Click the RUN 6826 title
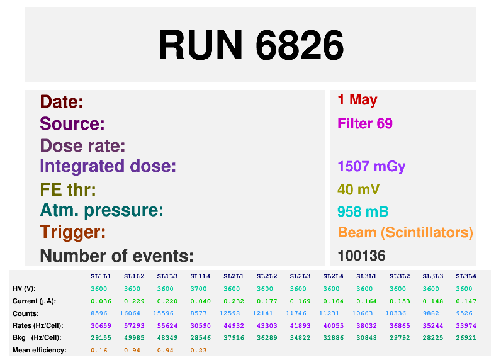251,45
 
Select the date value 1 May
357,100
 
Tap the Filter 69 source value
365,123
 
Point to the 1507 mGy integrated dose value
371,166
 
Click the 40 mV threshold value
359,189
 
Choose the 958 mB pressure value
363,211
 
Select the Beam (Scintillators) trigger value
405,232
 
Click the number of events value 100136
361,256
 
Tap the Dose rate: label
82,146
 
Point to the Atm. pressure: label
101,210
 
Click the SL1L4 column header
200,276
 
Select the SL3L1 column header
366,276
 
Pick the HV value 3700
198,289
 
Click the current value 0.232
234,301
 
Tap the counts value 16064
130,313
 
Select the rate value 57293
134,326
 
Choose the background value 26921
466,337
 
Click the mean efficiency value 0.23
198,351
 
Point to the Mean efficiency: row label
39,350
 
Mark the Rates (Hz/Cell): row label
38,326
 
